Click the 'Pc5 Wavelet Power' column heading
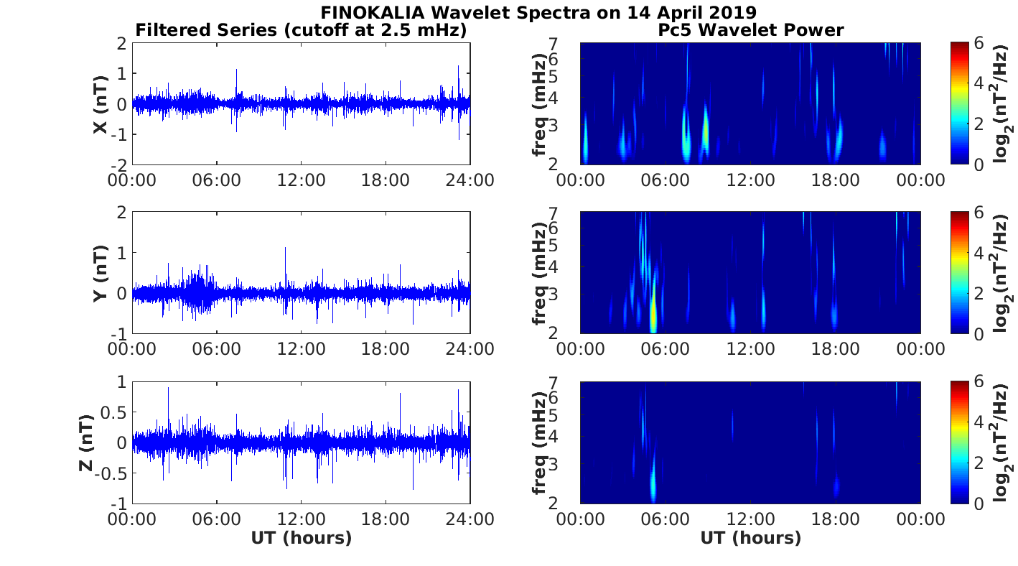tap(750, 30)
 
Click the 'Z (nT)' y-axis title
tap(85, 442)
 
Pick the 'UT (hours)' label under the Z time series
tap(301, 538)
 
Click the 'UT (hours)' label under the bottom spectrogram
tap(750, 538)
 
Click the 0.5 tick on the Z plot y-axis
tap(113, 412)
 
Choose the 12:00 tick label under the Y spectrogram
tap(750, 349)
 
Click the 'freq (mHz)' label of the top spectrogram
tap(540, 104)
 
